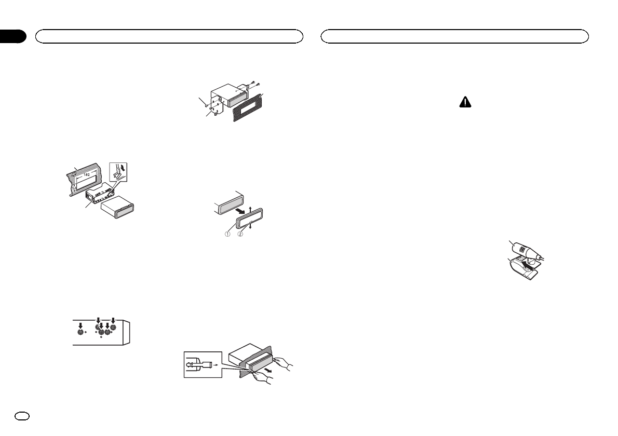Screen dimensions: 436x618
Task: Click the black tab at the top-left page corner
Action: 12,36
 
